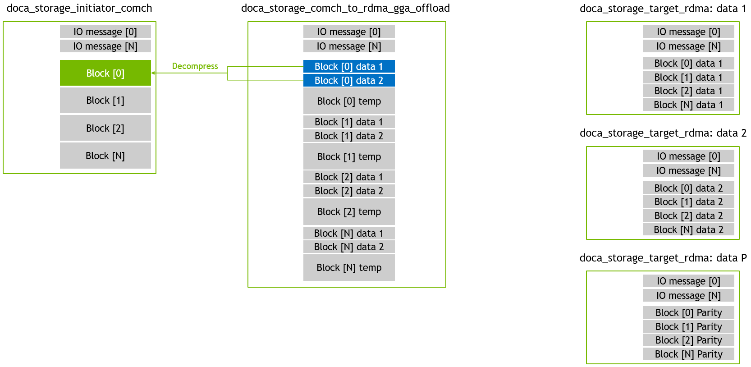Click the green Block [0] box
105,73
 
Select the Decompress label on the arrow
195,66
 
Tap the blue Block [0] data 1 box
349,66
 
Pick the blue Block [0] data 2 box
349,81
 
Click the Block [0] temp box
349,101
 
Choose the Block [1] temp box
349,156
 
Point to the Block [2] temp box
349,212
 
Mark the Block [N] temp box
349,267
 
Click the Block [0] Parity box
689,312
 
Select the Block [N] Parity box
689,354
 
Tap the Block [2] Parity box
689,340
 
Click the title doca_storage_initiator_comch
79,8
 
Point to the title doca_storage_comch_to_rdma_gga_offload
345,8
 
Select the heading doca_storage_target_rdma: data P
663,257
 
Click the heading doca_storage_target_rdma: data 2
663,133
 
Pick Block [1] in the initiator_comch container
105,100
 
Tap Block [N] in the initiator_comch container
105,156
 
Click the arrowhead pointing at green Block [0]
153,73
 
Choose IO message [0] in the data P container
689,281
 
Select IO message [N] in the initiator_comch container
105,46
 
